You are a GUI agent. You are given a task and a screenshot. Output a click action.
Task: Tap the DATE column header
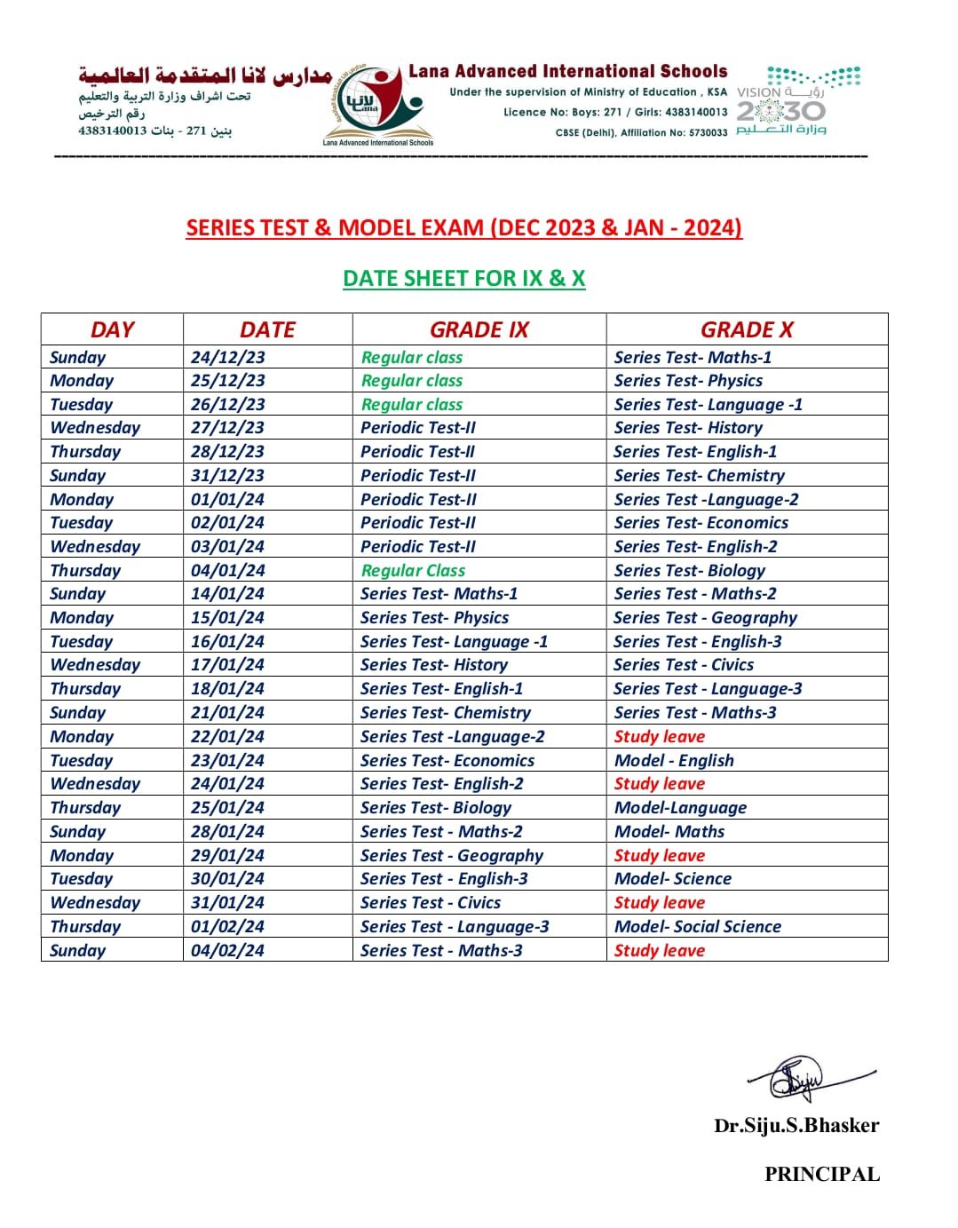(267, 329)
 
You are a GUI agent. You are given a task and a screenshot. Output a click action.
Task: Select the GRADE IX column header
(479, 329)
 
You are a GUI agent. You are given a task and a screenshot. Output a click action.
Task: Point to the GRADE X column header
(747, 329)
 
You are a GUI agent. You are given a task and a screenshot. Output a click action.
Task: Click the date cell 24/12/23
(228, 357)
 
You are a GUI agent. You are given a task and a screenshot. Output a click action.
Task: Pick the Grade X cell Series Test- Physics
(688, 380)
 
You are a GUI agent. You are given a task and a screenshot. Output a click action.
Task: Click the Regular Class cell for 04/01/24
(413, 570)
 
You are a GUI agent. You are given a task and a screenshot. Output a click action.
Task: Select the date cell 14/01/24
(228, 593)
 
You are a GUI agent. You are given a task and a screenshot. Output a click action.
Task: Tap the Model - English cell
(674, 760)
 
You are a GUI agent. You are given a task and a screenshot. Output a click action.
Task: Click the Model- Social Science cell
(698, 926)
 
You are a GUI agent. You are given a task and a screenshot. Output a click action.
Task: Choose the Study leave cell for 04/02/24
(660, 950)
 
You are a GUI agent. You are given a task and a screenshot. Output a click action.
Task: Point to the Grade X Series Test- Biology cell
(690, 570)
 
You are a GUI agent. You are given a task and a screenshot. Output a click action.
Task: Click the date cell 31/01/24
(228, 902)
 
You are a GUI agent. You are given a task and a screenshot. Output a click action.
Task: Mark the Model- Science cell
(673, 878)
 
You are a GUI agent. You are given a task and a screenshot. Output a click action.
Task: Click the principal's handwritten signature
(804, 1078)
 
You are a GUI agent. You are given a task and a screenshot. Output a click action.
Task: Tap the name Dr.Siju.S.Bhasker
(796, 1126)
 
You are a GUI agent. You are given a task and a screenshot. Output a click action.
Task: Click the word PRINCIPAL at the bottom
(822, 1174)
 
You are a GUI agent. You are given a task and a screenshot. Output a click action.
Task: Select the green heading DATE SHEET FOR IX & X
(464, 278)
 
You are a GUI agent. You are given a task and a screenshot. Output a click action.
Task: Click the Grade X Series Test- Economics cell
(701, 522)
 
